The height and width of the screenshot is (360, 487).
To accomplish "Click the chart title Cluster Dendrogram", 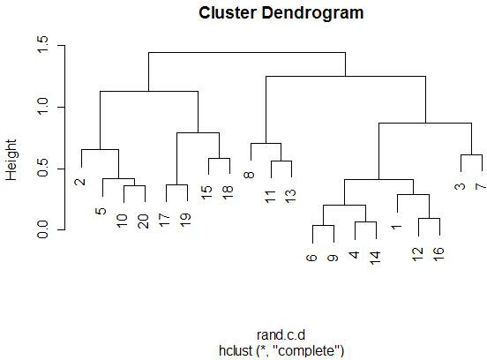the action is [281, 13].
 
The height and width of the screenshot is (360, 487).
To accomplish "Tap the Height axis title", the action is [11, 160].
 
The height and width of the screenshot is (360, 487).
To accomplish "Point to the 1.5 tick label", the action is [42, 44].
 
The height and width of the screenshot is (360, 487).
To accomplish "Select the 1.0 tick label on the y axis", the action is [42, 106].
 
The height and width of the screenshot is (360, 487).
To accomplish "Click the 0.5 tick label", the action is [42, 168].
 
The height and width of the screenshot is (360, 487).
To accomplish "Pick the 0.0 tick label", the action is [42, 229].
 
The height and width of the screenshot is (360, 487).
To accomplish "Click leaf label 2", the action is [80, 182].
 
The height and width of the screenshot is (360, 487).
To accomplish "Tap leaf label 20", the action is [144, 221].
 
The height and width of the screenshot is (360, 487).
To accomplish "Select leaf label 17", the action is [165, 220].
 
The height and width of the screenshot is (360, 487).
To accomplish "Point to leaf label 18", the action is [229, 192].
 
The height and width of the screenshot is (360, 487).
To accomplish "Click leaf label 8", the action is [250, 176].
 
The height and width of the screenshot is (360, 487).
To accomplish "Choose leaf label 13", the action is [291, 196].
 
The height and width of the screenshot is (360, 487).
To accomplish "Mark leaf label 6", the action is [311, 258].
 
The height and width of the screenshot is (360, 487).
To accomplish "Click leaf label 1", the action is [397, 228].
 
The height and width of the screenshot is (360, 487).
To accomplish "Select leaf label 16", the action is [439, 254].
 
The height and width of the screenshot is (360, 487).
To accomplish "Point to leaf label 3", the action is [461, 186].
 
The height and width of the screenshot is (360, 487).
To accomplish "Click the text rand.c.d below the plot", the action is [281, 335].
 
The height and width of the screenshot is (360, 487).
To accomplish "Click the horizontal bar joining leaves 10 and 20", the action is [134, 185].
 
